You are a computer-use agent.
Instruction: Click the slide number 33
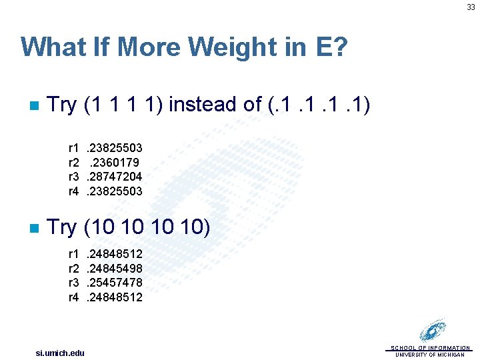point(471,7)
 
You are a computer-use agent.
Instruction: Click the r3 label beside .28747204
point(74,176)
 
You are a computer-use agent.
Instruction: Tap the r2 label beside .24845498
point(74,268)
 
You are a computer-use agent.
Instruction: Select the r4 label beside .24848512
point(74,297)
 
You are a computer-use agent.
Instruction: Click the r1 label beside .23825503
point(74,147)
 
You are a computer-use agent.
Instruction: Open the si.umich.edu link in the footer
point(60,352)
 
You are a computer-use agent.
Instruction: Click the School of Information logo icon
point(433,331)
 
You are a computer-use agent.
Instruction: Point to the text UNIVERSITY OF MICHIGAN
point(430,355)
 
